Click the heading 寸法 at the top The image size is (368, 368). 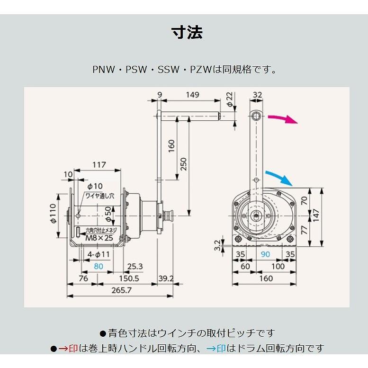coord(187,32)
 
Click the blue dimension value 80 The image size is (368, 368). coord(98,266)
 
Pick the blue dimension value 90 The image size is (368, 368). coord(265,255)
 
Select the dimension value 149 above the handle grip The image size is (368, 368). coord(192,95)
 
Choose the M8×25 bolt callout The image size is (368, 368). coord(99,238)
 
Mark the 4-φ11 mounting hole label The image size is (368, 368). coord(99,254)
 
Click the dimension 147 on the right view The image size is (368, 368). coord(316,215)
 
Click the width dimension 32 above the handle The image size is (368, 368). coord(257,95)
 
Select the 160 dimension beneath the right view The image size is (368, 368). coord(265,278)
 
